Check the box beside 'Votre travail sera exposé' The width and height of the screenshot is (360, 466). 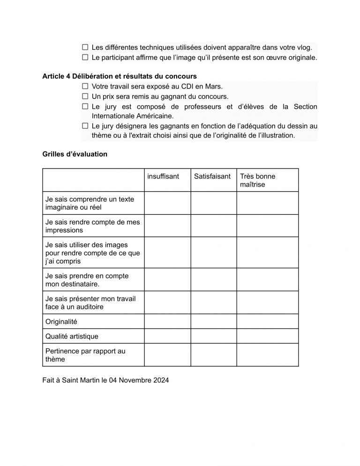85,86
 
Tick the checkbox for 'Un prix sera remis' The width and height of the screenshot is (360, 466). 85,97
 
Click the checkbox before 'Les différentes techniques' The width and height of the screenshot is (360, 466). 85,47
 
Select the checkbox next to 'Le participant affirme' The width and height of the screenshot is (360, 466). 85,58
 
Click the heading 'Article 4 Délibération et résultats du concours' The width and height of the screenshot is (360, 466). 120,76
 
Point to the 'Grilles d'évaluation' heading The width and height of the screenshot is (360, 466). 75,154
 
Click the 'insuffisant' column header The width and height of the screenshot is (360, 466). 163,176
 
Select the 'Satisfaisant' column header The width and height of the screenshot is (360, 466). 212,176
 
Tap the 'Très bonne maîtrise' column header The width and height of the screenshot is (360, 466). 257,180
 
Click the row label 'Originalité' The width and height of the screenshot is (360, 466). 61,322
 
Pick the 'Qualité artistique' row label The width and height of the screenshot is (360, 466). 72,336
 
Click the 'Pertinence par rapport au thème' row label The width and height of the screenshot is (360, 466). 85,355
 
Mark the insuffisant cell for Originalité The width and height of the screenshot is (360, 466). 167,322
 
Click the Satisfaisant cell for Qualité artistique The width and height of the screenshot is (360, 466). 213,336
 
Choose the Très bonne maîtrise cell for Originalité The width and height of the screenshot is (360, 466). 267,322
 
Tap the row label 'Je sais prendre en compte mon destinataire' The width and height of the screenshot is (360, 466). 87,280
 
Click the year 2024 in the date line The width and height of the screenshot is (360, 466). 161,380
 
